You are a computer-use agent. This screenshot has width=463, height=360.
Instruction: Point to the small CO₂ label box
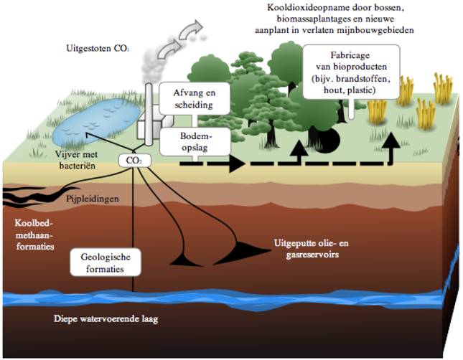pos(134,161)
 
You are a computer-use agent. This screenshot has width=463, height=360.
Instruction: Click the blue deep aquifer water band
pos(287,298)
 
